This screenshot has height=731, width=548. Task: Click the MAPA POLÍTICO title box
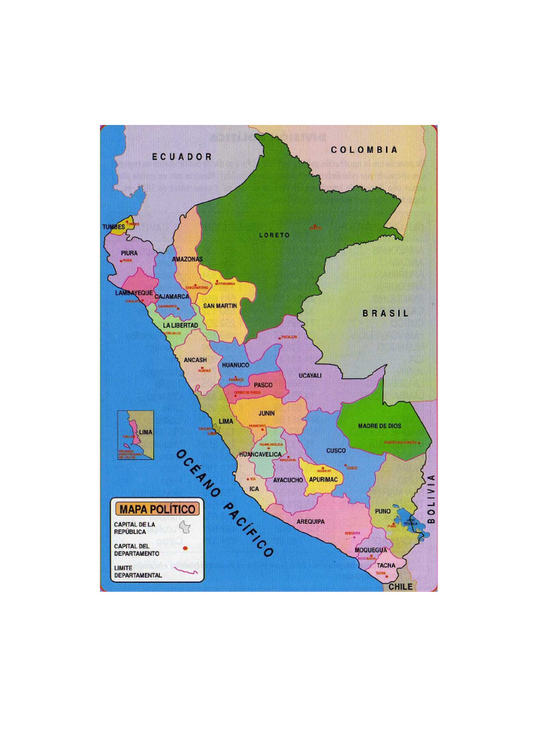tap(158, 509)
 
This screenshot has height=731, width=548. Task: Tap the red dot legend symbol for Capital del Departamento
tap(185, 548)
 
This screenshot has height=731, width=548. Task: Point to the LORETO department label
tap(274, 235)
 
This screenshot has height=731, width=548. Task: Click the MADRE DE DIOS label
tap(380, 426)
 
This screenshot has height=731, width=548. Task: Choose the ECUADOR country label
tap(182, 156)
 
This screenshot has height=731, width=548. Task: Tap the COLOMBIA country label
tap(364, 150)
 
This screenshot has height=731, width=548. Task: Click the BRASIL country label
tap(386, 313)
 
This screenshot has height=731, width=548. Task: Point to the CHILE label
tap(400, 586)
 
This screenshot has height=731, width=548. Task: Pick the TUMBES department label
tap(113, 227)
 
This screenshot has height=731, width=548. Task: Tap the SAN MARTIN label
tap(220, 306)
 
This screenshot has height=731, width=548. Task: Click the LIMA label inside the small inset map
tap(146, 433)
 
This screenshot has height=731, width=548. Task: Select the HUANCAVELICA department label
tap(260, 454)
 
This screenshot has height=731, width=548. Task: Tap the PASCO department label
tap(263, 385)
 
